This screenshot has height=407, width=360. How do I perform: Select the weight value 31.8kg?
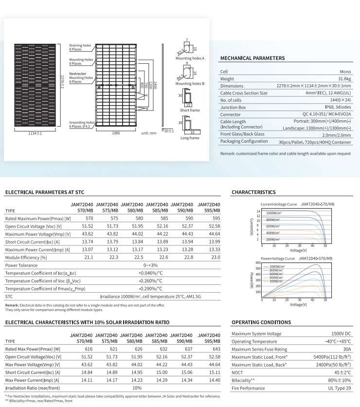pos(344,78)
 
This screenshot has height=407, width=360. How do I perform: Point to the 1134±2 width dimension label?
pos(35,132)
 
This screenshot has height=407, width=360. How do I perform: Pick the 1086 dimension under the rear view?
pos(116,132)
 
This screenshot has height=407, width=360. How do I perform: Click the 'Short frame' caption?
pos(190,110)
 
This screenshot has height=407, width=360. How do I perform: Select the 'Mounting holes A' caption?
pos(190,58)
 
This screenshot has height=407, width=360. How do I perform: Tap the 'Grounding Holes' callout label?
pos(81,123)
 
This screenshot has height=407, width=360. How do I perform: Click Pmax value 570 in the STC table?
pos(89,219)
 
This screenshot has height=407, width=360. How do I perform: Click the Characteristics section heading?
pos(253,192)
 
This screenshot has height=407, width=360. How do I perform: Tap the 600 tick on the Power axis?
pos(258,263)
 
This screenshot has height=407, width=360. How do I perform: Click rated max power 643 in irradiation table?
pos(216,349)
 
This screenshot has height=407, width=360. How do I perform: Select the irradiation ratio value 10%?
pos(137,388)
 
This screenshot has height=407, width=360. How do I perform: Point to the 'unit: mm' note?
pos(149,132)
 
